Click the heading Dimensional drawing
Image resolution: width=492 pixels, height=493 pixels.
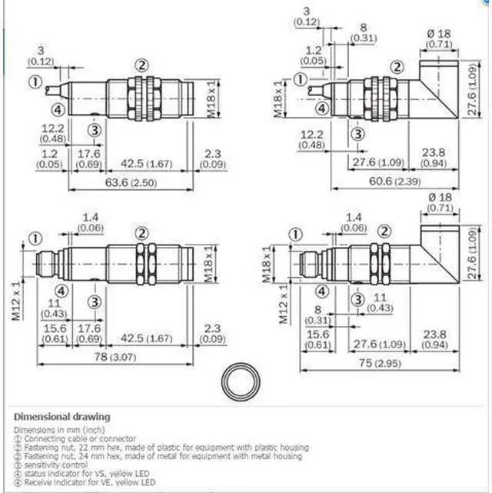61,417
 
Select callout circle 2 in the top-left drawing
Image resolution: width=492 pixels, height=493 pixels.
142,65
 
